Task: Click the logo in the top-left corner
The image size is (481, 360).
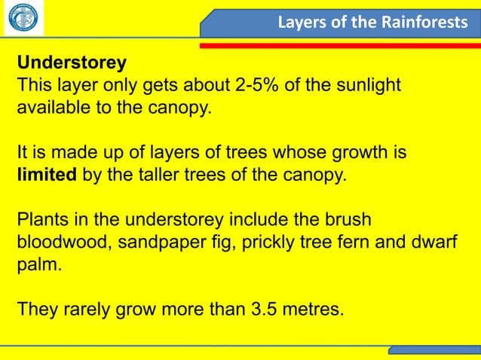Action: pos(23,18)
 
